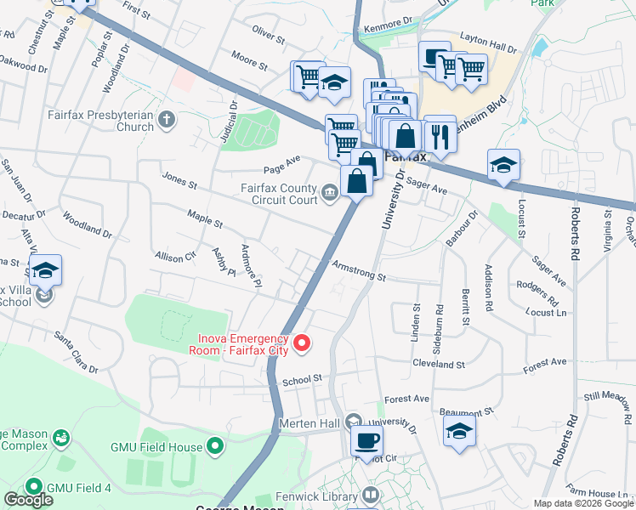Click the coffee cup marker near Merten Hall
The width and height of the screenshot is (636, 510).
pos(366,440)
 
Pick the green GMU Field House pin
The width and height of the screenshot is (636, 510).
pos(215,445)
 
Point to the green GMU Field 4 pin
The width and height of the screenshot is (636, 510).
pos(34,487)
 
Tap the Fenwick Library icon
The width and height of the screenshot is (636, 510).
pos(370,494)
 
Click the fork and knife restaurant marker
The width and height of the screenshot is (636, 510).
pos(440,134)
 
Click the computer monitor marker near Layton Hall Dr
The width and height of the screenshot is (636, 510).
pos(434,59)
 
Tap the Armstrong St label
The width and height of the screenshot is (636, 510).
pos(359,270)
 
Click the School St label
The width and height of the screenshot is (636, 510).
pos(304,379)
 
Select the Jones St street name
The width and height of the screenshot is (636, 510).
pos(179,181)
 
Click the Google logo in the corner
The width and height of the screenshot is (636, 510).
pos(28,499)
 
